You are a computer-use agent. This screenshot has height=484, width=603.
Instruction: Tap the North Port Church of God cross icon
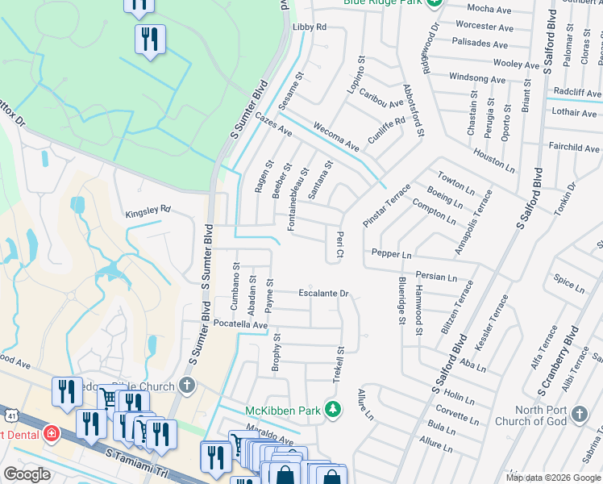click(x=579, y=415)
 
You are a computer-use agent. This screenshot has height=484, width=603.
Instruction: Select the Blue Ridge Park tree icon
click(x=435, y=2)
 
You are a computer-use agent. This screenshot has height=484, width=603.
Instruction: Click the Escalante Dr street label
click(x=323, y=294)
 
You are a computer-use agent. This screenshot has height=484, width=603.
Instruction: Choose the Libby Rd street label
click(x=310, y=27)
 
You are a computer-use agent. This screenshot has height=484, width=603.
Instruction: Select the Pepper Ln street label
click(x=392, y=254)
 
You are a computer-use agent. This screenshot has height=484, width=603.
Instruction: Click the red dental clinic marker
click(x=52, y=435)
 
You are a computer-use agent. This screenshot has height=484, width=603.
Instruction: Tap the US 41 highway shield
click(x=9, y=414)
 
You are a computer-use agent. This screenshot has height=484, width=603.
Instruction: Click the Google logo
click(x=27, y=474)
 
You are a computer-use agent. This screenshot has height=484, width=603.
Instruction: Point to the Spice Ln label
click(x=569, y=283)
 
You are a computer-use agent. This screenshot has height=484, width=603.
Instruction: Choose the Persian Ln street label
click(x=436, y=277)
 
